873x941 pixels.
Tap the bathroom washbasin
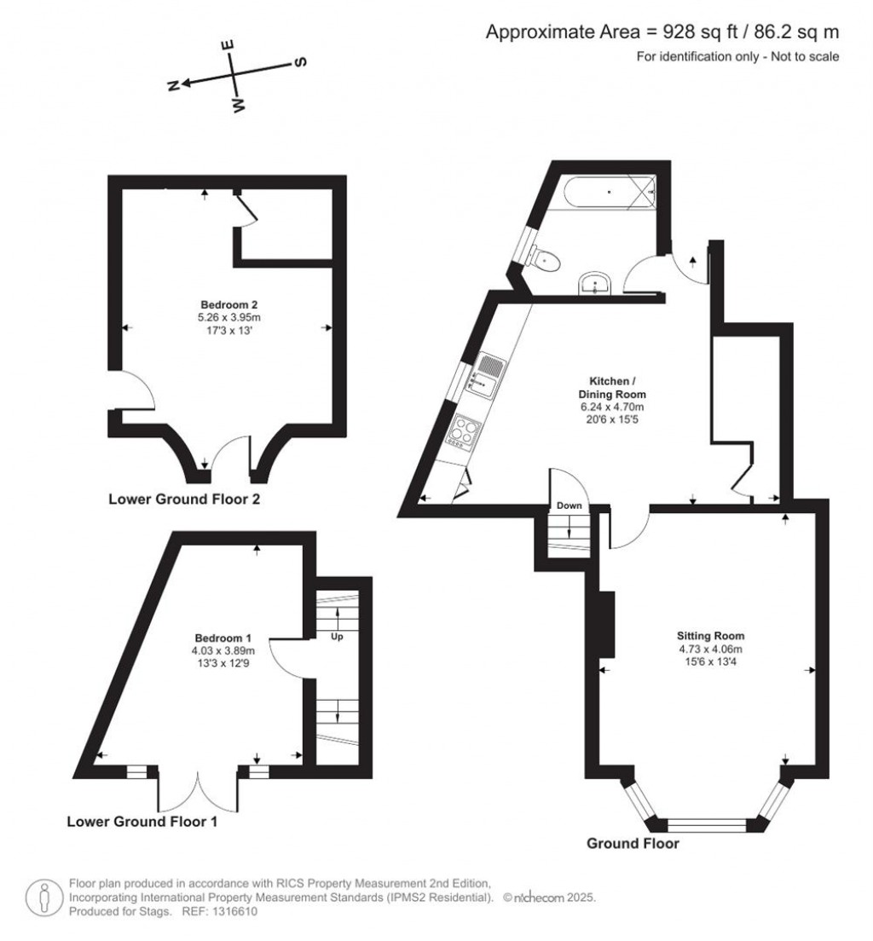pos(595,284)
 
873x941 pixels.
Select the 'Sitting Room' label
pos(710,635)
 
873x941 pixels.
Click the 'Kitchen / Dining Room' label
pos(612,387)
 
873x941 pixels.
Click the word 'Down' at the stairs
pos(569,505)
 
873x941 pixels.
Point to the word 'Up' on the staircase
pos(338,636)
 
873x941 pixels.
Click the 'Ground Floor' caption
pos(633,844)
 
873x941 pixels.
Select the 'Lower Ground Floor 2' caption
pos(184,499)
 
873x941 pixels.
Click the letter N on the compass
pos(173,85)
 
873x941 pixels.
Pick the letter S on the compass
pos(300,62)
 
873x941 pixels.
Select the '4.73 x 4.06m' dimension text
pos(710,648)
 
